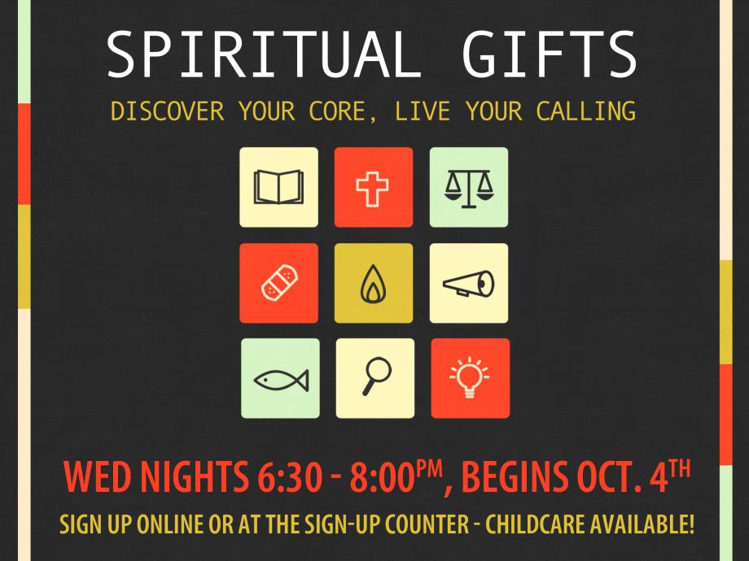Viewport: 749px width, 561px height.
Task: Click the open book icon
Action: (x=278, y=187)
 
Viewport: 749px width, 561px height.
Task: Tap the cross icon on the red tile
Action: (x=372, y=189)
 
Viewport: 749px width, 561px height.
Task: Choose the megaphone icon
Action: (x=468, y=284)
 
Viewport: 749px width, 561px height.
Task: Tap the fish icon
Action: (x=281, y=381)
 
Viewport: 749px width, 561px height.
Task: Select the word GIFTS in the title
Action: (x=550, y=54)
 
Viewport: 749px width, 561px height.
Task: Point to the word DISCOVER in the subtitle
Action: (x=167, y=111)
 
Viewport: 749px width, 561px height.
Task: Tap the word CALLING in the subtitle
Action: (x=585, y=111)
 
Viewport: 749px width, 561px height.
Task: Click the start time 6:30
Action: (x=290, y=477)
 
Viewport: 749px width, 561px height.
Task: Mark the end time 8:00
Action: (x=383, y=477)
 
